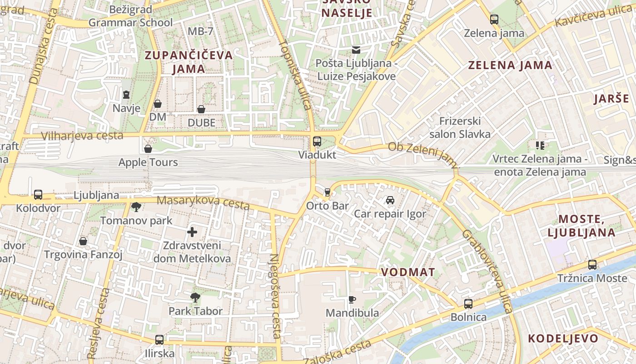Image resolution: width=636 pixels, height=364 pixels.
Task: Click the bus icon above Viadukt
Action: pyautogui.click(x=317, y=141)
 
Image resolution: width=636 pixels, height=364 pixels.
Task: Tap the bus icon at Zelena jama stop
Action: pyautogui.click(x=494, y=20)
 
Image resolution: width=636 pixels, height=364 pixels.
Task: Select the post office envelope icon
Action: pyautogui.click(x=356, y=50)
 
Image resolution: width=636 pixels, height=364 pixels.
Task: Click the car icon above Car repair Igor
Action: pyautogui.click(x=390, y=200)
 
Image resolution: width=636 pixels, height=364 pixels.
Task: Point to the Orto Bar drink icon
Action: pyautogui.click(x=327, y=192)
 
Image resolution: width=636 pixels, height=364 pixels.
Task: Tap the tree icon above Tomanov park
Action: pyautogui.click(x=136, y=207)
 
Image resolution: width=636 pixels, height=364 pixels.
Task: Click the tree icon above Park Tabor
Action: pyautogui.click(x=195, y=298)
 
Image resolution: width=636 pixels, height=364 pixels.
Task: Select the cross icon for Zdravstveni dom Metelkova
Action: pyautogui.click(x=192, y=232)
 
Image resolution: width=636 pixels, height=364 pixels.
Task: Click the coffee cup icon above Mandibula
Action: pyautogui.click(x=352, y=299)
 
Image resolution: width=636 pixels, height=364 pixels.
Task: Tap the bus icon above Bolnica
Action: pyautogui.click(x=468, y=303)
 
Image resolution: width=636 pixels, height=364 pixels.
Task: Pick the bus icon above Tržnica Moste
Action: pyautogui.click(x=592, y=264)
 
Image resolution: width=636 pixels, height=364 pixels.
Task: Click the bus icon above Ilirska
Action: pyautogui.click(x=159, y=340)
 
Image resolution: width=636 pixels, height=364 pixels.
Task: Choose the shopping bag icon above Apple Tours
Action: pyautogui.click(x=148, y=149)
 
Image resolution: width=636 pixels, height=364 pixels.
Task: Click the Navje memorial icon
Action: pyautogui.click(x=126, y=95)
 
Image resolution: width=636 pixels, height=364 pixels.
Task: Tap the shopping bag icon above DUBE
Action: pyautogui.click(x=201, y=109)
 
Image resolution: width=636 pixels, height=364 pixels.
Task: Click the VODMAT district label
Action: pyautogui.click(x=408, y=272)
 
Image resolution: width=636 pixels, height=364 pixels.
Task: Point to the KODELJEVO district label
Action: pyautogui.click(x=563, y=339)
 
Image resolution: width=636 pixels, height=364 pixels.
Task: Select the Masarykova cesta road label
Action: pyautogui.click(x=203, y=203)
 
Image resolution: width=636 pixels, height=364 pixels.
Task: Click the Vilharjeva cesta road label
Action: pyautogui.click(x=82, y=136)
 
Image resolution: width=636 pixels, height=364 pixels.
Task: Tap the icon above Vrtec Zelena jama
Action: pyautogui.click(x=540, y=146)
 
